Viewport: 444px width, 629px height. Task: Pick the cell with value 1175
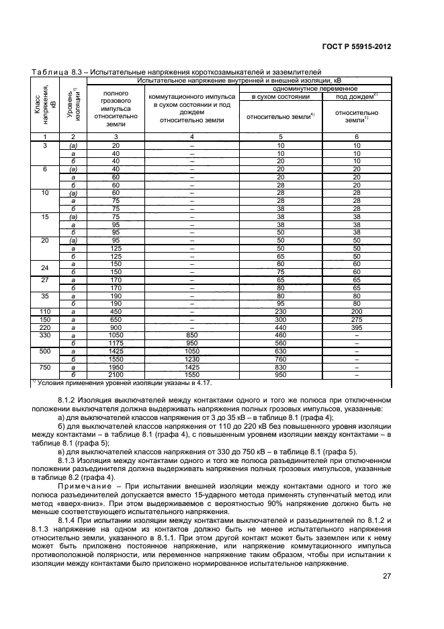click(116, 341)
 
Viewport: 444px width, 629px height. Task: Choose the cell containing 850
click(191, 334)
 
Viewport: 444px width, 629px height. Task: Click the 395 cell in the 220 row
click(357, 327)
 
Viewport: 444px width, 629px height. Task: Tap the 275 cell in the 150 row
click(357, 320)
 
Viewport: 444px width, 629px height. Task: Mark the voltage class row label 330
click(44, 334)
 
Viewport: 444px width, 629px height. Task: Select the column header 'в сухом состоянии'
click(280, 96)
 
